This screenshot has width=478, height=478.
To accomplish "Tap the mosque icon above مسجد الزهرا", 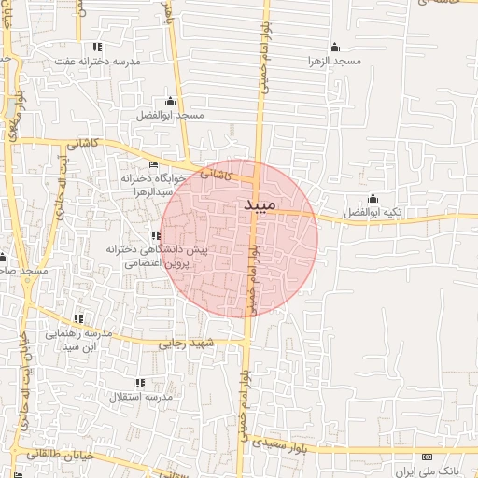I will pyautogui.click(x=334, y=48).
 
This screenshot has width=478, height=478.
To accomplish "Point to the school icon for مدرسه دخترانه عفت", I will pyautogui.click(x=96, y=47).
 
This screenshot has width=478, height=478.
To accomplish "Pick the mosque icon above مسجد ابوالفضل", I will pyautogui.click(x=169, y=102).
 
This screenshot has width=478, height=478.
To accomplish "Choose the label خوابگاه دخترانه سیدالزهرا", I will pyautogui.click(x=147, y=184).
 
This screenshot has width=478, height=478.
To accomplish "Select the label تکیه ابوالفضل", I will pyautogui.click(x=373, y=213).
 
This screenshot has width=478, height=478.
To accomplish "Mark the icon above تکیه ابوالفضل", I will pyautogui.click(x=373, y=198).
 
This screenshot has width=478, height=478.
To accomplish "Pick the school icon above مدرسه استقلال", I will pyautogui.click(x=140, y=383).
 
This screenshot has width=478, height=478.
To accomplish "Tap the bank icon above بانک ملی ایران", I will pyautogui.click(x=428, y=457).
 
